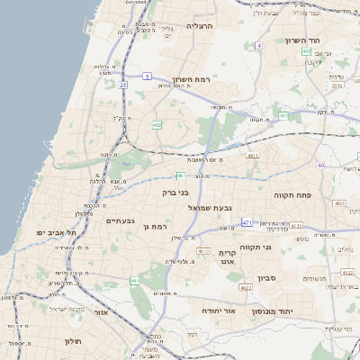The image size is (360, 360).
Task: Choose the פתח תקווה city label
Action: click(x=292, y=194)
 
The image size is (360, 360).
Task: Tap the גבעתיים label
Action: click(x=120, y=220)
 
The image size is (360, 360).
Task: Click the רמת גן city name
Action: click(x=156, y=227)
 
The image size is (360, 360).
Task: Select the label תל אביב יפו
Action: click(x=53, y=232)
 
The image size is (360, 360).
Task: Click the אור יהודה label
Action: click(x=216, y=310)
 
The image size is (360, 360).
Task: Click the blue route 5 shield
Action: click(x=147, y=76)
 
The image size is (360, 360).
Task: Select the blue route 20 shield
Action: click(x=122, y=85)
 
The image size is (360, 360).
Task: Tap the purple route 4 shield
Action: click(x=259, y=45)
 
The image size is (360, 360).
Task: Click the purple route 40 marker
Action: click(x=320, y=165)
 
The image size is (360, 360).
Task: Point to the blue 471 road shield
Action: click(x=247, y=221)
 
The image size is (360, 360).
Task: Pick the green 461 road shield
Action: click(x=135, y=281)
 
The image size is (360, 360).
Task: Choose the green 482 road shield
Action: click(x=157, y=124)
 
